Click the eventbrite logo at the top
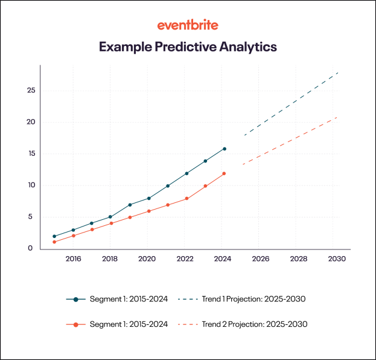coord(188,25)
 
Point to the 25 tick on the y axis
coord(31,91)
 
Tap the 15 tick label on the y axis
coord(31,153)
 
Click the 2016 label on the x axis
coord(73,259)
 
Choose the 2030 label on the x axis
coord(336,259)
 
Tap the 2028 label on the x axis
coord(298,259)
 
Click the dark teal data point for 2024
coord(225,149)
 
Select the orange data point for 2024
coord(225,173)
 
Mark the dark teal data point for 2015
coord(54,236)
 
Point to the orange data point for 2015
coord(54,242)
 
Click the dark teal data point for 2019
coord(130,205)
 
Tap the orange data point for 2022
coord(186,199)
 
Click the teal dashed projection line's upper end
coord(337,73)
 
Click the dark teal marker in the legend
coord(75,299)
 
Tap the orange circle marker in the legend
coord(75,324)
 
